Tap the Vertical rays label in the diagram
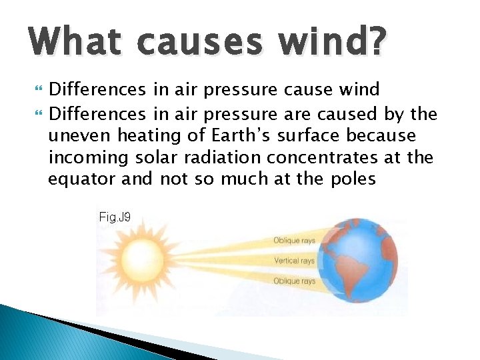(294, 261)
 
